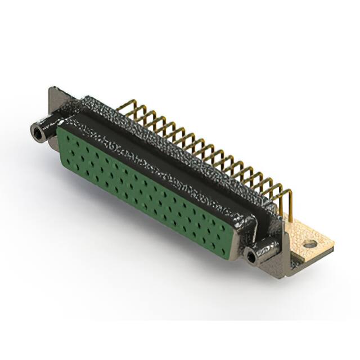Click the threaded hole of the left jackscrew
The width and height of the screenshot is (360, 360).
[38, 133]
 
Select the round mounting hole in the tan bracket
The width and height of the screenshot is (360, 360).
[308, 245]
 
